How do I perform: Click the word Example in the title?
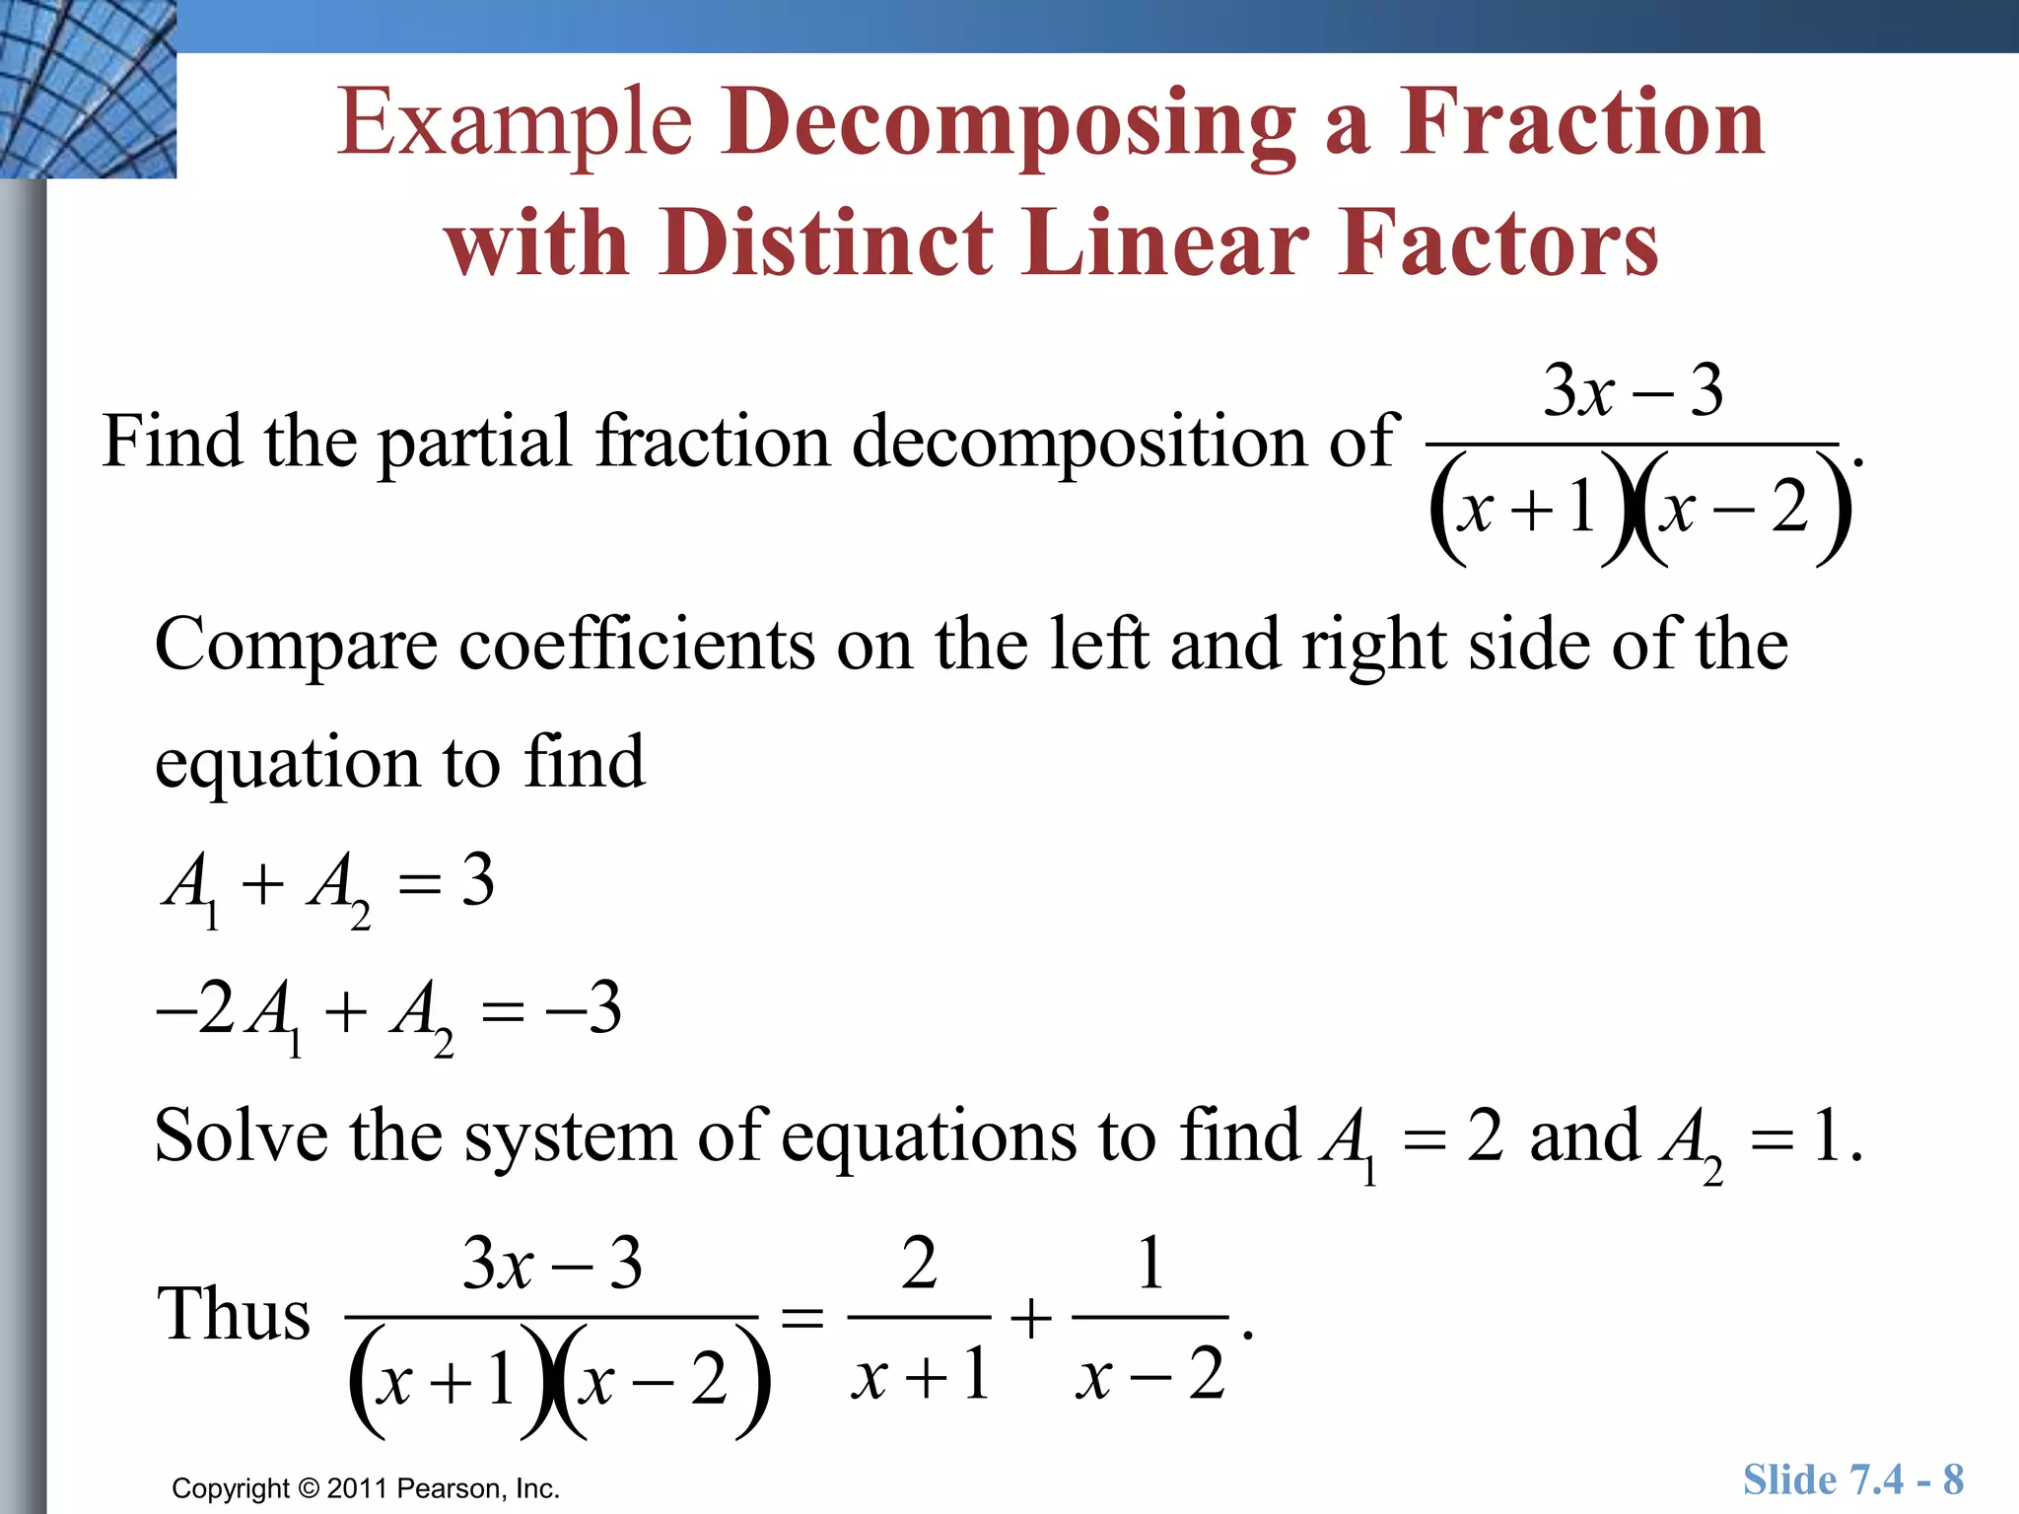pos(515,124)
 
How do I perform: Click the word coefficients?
pos(637,645)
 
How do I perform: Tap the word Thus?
pos(234,1315)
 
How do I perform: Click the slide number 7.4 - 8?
pos(1906,1480)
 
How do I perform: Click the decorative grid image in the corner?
pos(88,89)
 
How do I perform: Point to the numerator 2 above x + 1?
pos(919,1264)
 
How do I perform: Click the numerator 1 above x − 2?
pos(1149,1264)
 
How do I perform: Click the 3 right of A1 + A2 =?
pos(477,879)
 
